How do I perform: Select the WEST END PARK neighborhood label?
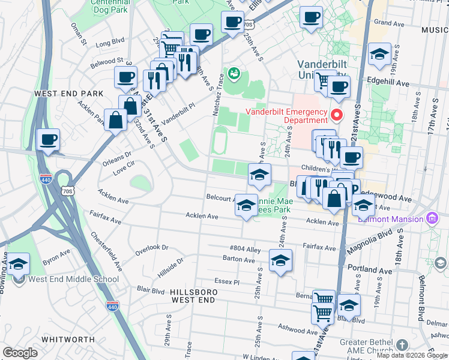click(69, 94)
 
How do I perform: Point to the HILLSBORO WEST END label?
click(193, 295)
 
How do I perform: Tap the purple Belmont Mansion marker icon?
click(430, 218)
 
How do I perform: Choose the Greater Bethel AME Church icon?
click(402, 346)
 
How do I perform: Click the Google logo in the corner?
click(20, 353)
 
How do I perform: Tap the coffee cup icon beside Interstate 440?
click(48, 140)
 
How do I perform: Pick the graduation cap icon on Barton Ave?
click(280, 260)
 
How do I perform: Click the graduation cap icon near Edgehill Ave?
click(379, 55)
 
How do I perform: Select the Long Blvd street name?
click(110, 42)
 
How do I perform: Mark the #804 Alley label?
click(246, 248)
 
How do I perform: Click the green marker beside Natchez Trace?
click(234, 73)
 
